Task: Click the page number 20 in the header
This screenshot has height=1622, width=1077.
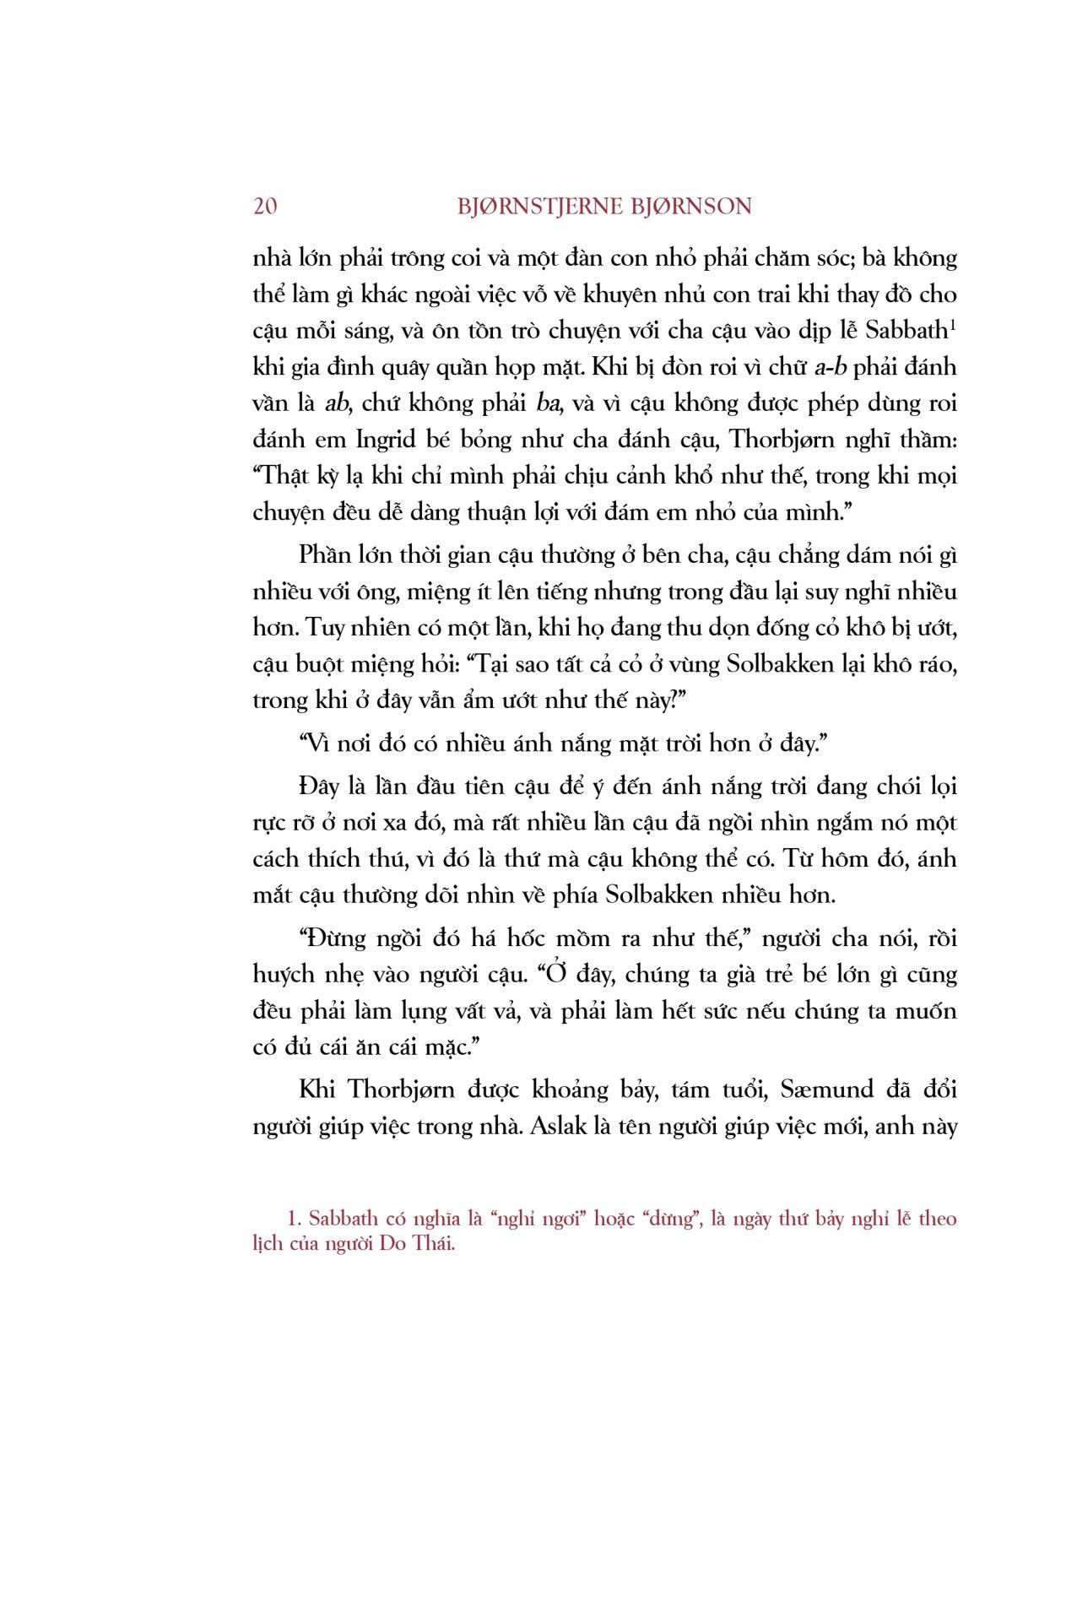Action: coord(264,207)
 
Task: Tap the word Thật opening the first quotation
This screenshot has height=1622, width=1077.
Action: coord(283,475)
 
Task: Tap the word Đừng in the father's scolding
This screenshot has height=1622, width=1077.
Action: coord(328,938)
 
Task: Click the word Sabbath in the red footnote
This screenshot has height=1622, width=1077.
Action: coord(344,1219)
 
